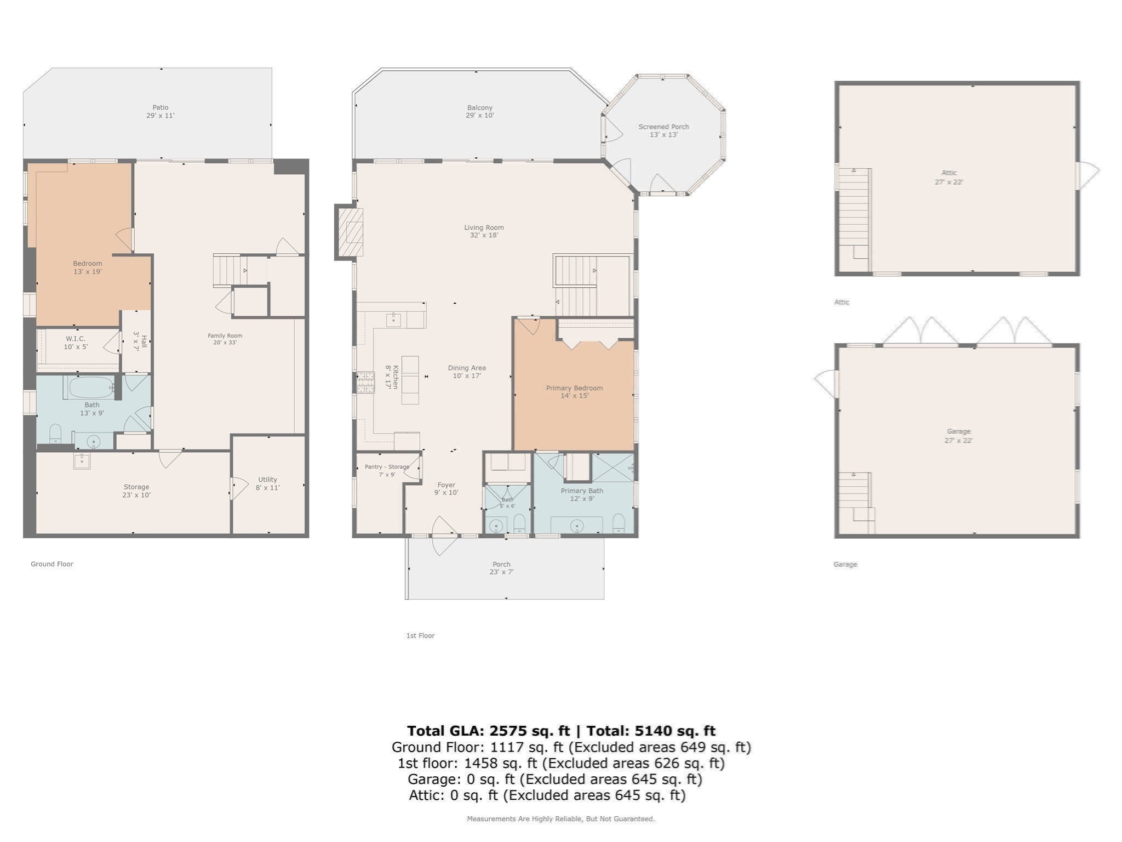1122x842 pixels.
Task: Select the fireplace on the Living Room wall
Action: coord(350,232)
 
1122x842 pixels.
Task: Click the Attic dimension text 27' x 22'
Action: coord(949,182)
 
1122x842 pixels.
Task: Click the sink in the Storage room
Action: coord(82,461)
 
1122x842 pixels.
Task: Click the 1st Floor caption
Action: coord(420,636)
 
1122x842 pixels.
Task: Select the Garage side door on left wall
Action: coord(826,383)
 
